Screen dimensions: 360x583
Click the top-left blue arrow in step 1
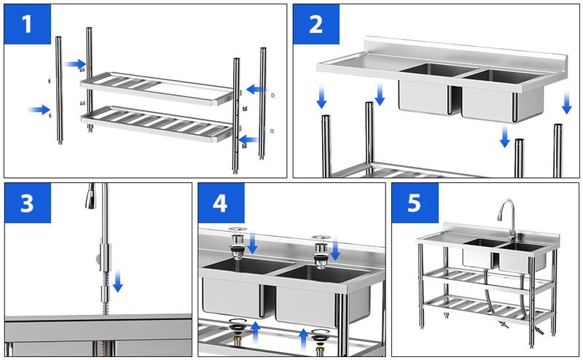74,64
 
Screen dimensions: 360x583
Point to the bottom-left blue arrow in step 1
39,110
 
